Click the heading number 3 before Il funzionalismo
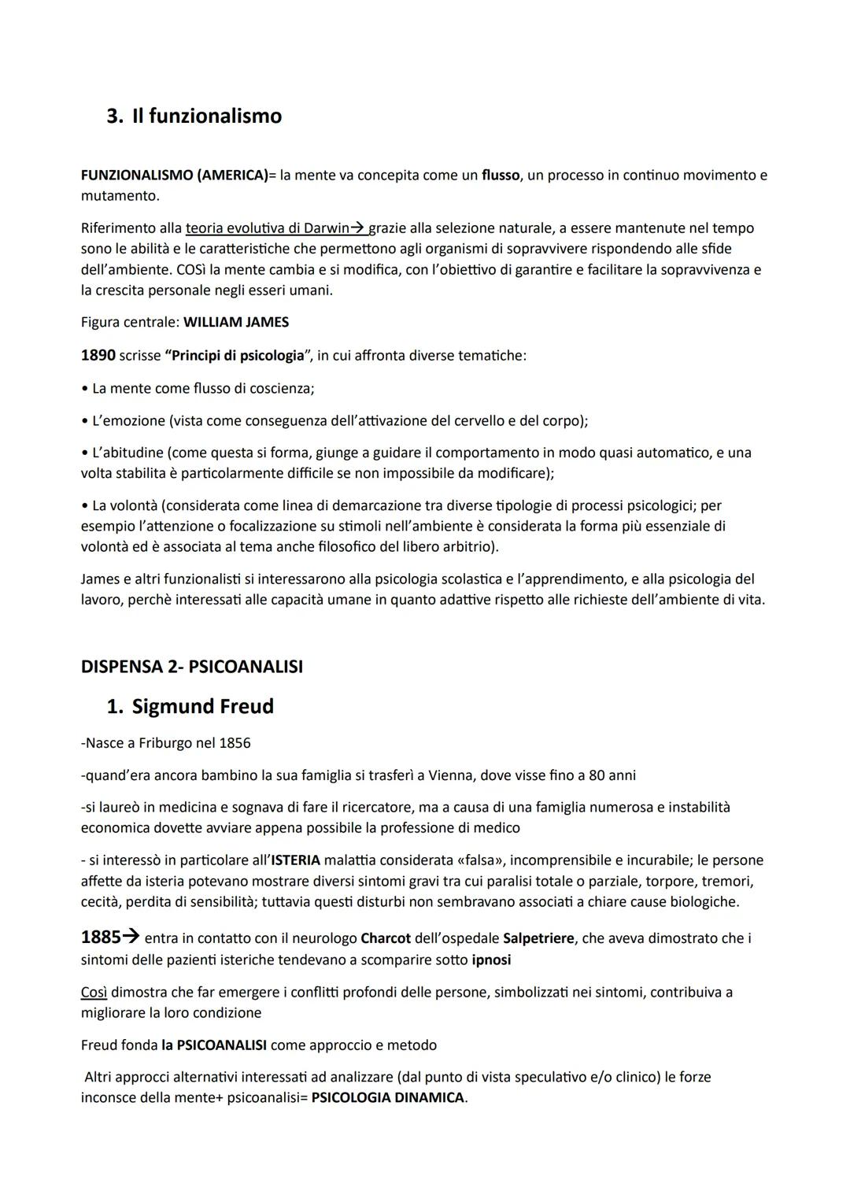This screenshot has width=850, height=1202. click(113, 117)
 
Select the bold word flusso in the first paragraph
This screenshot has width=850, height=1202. click(501, 176)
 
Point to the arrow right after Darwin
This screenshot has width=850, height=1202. click(357, 228)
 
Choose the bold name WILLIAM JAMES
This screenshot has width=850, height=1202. click(236, 322)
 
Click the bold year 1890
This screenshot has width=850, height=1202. click(98, 355)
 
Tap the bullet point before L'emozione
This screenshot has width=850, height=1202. click(84, 421)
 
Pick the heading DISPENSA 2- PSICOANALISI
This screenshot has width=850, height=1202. click(191, 667)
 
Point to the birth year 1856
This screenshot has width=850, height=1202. click(235, 743)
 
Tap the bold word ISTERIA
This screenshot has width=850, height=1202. click(295, 860)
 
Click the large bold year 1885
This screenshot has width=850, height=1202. click(101, 938)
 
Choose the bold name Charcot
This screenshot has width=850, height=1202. click(386, 939)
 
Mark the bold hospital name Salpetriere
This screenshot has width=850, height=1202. click(538, 939)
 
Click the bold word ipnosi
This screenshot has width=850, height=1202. click(491, 960)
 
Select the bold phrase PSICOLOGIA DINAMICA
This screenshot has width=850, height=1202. click(388, 1098)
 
